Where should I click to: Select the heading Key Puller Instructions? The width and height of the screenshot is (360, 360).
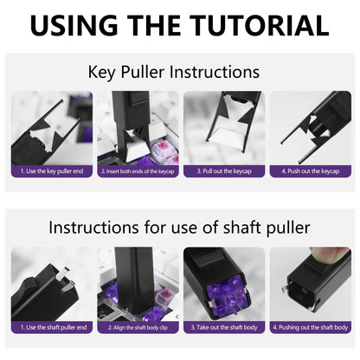[x=179, y=73]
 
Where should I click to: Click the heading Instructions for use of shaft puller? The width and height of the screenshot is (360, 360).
[x=179, y=228]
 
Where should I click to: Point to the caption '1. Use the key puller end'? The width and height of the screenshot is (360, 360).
[x=51, y=171]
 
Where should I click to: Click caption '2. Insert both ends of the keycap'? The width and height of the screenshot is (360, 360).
[x=138, y=171]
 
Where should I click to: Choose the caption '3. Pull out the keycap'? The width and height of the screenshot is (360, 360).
[x=223, y=171]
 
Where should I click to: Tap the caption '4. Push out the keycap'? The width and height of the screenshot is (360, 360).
[x=309, y=171]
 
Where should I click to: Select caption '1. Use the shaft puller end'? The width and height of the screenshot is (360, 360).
[x=51, y=327]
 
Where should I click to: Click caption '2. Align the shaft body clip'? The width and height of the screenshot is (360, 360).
[x=138, y=327]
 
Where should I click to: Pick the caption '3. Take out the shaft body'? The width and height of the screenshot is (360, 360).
[x=223, y=327]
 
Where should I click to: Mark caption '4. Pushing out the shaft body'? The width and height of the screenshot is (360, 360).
[x=309, y=327]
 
